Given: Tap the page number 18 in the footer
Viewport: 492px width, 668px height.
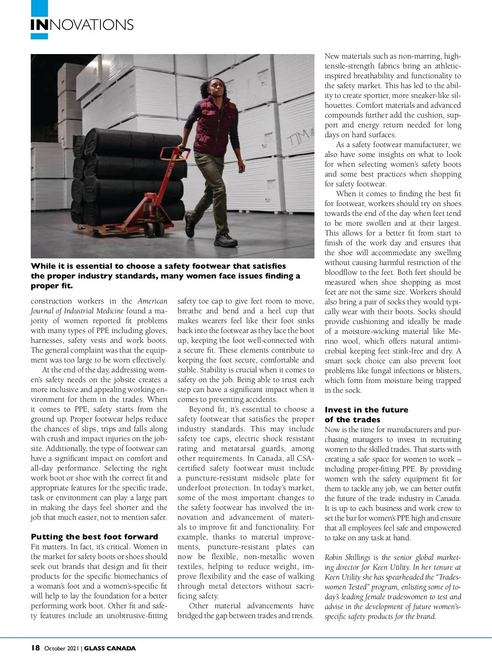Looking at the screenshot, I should point(35,648).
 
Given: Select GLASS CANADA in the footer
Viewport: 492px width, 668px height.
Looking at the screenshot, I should point(110,648).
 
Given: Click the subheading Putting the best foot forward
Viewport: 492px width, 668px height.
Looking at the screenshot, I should point(94,537).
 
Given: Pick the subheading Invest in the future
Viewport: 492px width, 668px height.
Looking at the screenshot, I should point(366,410).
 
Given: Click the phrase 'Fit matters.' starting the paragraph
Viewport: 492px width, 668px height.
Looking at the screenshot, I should point(49,547).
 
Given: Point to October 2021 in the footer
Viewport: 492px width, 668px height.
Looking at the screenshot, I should point(61,648).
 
